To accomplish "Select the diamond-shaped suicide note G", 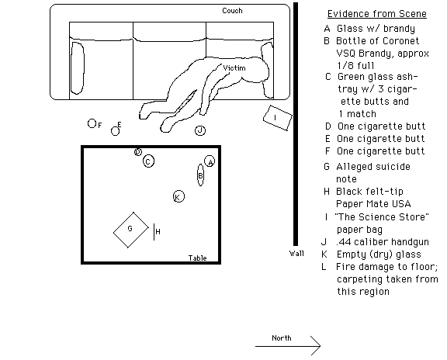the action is [131, 230].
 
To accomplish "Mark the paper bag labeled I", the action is [278, 118].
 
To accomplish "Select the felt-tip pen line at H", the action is [154, 232].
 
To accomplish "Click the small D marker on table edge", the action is [138, 152].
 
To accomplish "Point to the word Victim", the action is [234, 68].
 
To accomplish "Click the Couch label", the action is [232, 11].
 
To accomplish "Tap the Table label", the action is [198, 258].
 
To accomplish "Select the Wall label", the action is [296, 254].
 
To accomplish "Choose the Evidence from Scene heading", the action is [377, 14].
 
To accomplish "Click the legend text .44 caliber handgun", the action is [383, 242].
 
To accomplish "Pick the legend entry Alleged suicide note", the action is [373, 173].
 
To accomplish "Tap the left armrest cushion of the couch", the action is [78, 68].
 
